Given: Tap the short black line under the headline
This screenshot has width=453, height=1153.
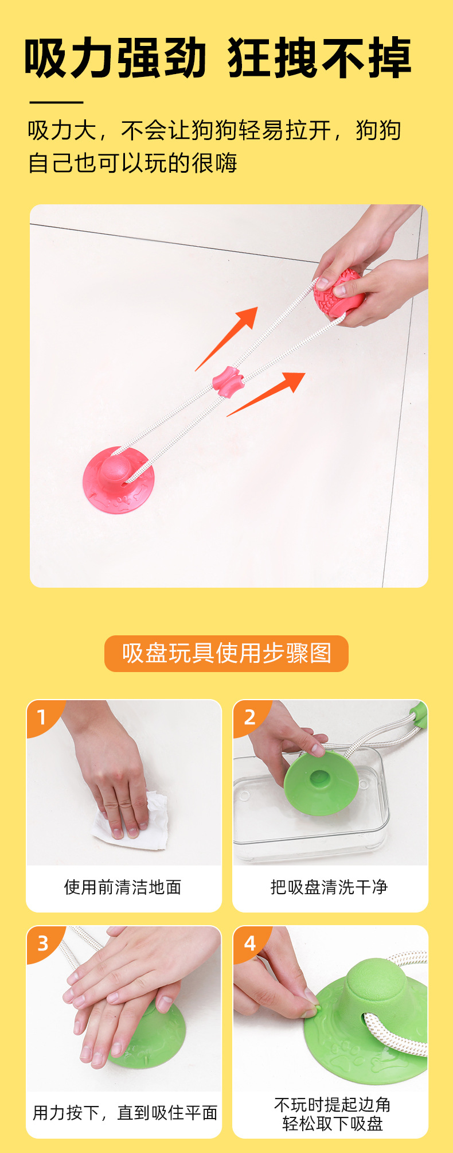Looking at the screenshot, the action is [x=56, y=102].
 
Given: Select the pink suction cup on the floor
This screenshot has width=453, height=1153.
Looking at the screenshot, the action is [x=118, y=480].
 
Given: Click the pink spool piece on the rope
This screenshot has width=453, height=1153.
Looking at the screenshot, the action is [x=228, y=381].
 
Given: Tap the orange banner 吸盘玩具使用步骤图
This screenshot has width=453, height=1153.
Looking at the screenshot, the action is [x=226, y=653].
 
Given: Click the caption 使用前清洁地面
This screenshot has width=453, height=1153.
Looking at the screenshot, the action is [x=123, y=887].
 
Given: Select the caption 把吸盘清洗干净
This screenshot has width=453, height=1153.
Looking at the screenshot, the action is [x=329, y=887].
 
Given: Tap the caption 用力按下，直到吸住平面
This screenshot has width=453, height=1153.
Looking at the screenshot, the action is [x=125, y=1113].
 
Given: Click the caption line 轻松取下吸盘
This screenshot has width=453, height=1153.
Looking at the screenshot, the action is [x=333, y=1123].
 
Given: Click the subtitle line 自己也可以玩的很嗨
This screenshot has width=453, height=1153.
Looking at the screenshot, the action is [x=132, y=163].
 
